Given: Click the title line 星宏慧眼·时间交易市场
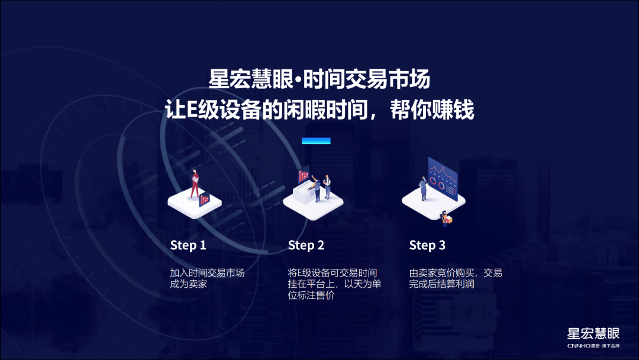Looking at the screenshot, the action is [x=319, y=79].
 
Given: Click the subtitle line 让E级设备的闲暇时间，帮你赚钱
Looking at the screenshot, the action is [x=319, y=110].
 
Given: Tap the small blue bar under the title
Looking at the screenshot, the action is [x=316, y=141].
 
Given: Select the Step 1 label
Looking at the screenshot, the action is [x=188, y=245].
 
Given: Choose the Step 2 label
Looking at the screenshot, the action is [x=306, y=245].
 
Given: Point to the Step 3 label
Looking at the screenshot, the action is [x=427, y=245].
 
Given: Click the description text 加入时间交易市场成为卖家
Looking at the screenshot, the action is [x=207, y=278].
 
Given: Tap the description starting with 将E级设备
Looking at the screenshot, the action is [x=334, y=284].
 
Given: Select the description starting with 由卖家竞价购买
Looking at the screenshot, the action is [x=455, y=278].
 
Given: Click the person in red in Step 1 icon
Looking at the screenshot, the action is [x=195, y=184].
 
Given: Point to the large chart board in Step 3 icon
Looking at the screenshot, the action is [x=443, y=179].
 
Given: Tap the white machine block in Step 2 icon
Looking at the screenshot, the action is [x=303, y=193].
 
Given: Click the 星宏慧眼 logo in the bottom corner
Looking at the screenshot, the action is [x=593, y=333].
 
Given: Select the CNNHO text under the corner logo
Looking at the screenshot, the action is [x=579, y=346].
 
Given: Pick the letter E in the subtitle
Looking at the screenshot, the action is [x=192, y=110].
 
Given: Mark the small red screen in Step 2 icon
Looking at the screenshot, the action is [x=304, y=175].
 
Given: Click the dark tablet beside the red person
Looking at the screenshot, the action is [x=204, y=198].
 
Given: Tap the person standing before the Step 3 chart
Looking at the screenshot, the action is [x=424, y=188].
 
